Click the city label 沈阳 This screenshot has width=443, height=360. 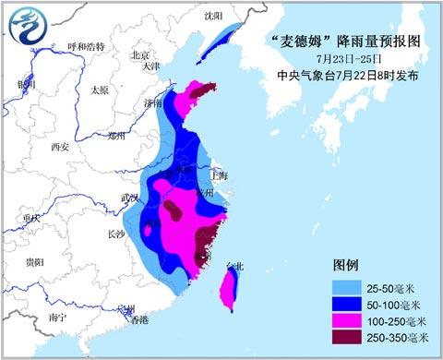(214, 16)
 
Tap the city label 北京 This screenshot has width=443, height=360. (140, 54)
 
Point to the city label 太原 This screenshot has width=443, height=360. (99, 90)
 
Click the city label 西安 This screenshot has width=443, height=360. (61, 146)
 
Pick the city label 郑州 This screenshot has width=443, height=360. (115, 135)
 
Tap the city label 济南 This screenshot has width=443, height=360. (153, 103)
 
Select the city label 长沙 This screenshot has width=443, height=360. (115, 234)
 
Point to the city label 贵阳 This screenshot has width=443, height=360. (35, 262)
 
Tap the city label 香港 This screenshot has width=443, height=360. (138, 320)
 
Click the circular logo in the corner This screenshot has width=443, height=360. (29, 29)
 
